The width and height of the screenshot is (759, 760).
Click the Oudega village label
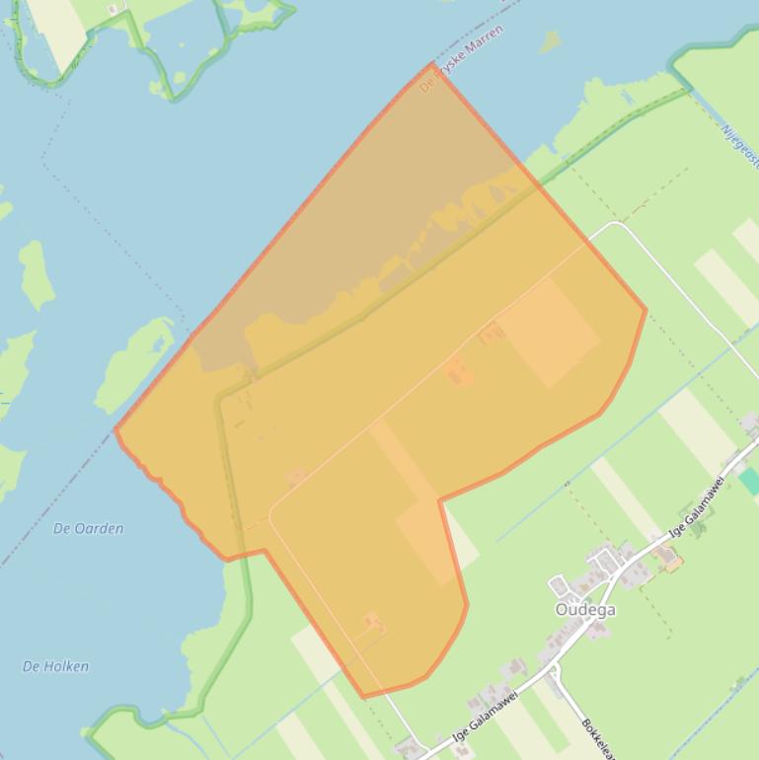click(x=585, y=609)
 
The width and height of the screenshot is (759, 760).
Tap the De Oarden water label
click(x=89, y=528)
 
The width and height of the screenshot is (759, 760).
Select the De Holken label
click(x=55, y=666)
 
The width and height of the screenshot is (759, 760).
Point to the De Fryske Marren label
click(x=461, y=59)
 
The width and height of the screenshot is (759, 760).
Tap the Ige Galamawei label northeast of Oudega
click(x=697, y=506)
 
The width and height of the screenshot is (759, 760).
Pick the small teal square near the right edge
click(x=751, y=482)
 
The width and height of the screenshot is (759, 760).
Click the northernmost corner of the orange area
click(x=432, y=64)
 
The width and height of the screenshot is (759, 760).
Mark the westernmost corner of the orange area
click(x=116, y=429)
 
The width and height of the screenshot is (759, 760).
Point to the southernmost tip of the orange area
click(x=363, y=697)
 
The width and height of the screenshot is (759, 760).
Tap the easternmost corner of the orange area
click(x=645, y=310)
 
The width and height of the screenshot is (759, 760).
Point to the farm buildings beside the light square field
click(x=491, y=336)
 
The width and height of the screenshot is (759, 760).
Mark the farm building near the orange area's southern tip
click(x=372, y=622)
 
